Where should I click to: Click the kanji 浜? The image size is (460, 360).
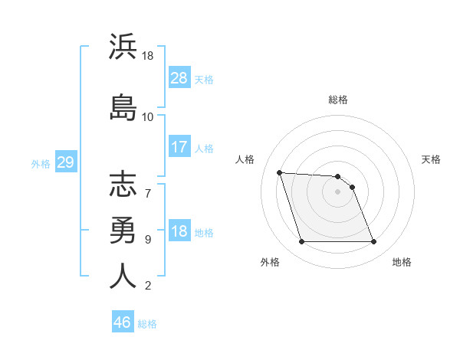(123, 47)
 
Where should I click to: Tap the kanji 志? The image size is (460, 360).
(123, 186)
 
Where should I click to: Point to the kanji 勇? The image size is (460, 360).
(123, 231)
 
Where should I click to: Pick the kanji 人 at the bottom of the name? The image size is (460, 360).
(123, 276)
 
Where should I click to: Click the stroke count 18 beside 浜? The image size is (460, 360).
(149, 57)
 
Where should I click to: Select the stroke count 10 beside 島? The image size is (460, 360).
(148, 117)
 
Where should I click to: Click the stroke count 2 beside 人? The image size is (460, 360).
(148, 286)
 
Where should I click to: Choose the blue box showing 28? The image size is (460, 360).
(179, 78)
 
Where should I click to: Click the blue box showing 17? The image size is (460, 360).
(179, 147)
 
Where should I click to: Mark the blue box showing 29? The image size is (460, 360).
(65, 162)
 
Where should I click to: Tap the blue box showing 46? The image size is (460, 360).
(123, 322)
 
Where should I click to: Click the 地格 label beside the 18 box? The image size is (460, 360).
(204, 233)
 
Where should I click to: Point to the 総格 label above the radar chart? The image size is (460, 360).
(338, 100)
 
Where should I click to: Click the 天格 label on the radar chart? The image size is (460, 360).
(431, 159)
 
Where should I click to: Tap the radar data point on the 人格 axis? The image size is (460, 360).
(280, 173)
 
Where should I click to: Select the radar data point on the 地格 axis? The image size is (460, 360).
(373, 242)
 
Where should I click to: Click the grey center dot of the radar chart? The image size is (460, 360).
(337, 191)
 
